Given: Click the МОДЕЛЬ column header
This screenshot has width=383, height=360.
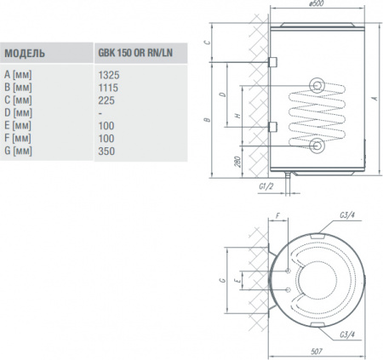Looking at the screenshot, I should click(26, 54).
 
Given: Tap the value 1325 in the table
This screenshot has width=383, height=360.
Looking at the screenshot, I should click(110, 74).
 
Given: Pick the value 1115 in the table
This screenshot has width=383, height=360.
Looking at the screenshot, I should click(110, 87).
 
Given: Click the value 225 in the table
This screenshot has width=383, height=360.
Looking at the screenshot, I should click(107, 100).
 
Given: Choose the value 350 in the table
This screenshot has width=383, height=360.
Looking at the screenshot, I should click(107, 151).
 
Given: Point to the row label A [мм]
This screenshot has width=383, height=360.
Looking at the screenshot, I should click(18, 74).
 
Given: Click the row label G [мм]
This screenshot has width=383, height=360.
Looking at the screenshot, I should click(18, 151).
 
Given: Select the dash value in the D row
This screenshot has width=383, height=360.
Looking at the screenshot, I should click(101, 112).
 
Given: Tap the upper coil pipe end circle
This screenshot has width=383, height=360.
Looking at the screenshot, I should click(317, 84).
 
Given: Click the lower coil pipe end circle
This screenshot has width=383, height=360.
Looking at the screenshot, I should click(317, 146).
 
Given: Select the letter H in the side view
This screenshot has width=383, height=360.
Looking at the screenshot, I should click(237, 115).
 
